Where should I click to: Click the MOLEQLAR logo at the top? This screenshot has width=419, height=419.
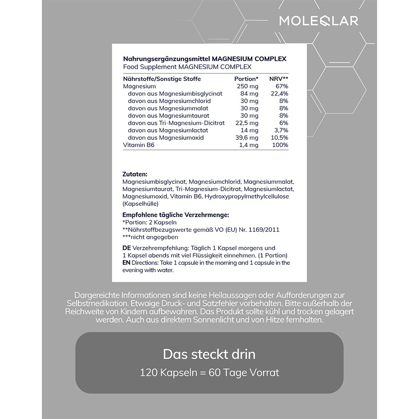pyautogui.click(x=319, y=21)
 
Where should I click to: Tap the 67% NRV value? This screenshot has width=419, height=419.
pyautogui.click(x=282, y=86)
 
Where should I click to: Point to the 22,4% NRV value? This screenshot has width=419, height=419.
pyautogui.click(x=279, y=93)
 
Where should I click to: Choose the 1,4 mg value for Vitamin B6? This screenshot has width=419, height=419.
pyautogui.click(x=248, y=145)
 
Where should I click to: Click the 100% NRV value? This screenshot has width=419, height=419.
pyautogui.click(x=280, y=145)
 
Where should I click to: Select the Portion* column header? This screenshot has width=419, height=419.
pyautogui.click(x=246, y=79)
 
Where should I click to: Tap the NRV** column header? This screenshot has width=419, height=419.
pyautogui.click(x=279, y=79)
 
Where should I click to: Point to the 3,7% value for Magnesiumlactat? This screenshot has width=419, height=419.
pyautogui.click(x=281, y=130)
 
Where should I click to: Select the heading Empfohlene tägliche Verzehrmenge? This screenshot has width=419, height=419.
pyautogui.click(x=176, y=215)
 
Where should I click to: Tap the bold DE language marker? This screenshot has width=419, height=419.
pyautogui.click(x=126, y=248)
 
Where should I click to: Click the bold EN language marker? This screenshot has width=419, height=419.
pyautogui.click(x=127, y=263)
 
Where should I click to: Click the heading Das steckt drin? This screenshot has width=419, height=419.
pyautogui.click(x=209, y=354)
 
